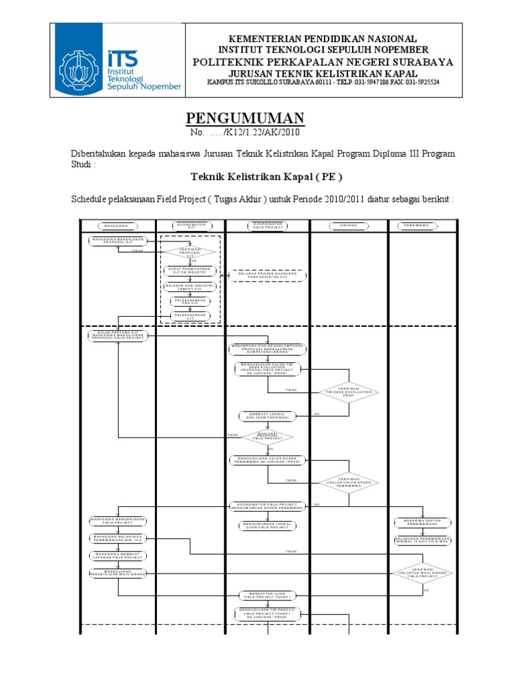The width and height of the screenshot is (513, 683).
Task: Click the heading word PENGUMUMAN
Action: click(x=245, y=119)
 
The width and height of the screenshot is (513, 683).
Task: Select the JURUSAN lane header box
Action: click(x=349, y=225)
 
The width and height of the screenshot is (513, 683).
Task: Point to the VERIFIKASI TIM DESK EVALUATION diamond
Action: click(x=347, y=392)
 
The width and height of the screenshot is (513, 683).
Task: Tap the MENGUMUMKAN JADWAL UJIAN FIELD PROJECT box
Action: click(x=267, y=526)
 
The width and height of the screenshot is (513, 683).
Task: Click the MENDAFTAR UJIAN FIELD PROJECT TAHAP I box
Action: click(x=267, y=594)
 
